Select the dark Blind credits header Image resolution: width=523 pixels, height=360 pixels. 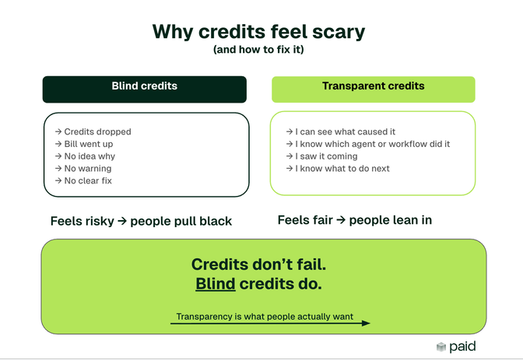click(x=144, y=87)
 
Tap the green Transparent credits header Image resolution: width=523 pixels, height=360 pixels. click(x=373, y=87)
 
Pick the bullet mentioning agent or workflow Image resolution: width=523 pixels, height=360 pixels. click(x=372, y=144)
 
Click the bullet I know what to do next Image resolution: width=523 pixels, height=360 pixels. click(x=342, y=169)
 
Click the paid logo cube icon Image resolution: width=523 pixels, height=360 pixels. click(x=441, y=347)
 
